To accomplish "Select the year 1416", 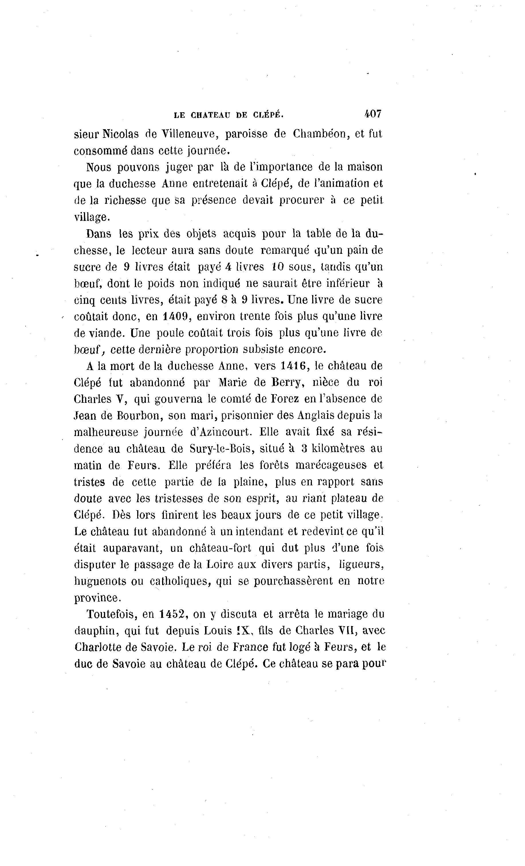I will coord(294,366).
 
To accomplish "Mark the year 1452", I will coord(172,614).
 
